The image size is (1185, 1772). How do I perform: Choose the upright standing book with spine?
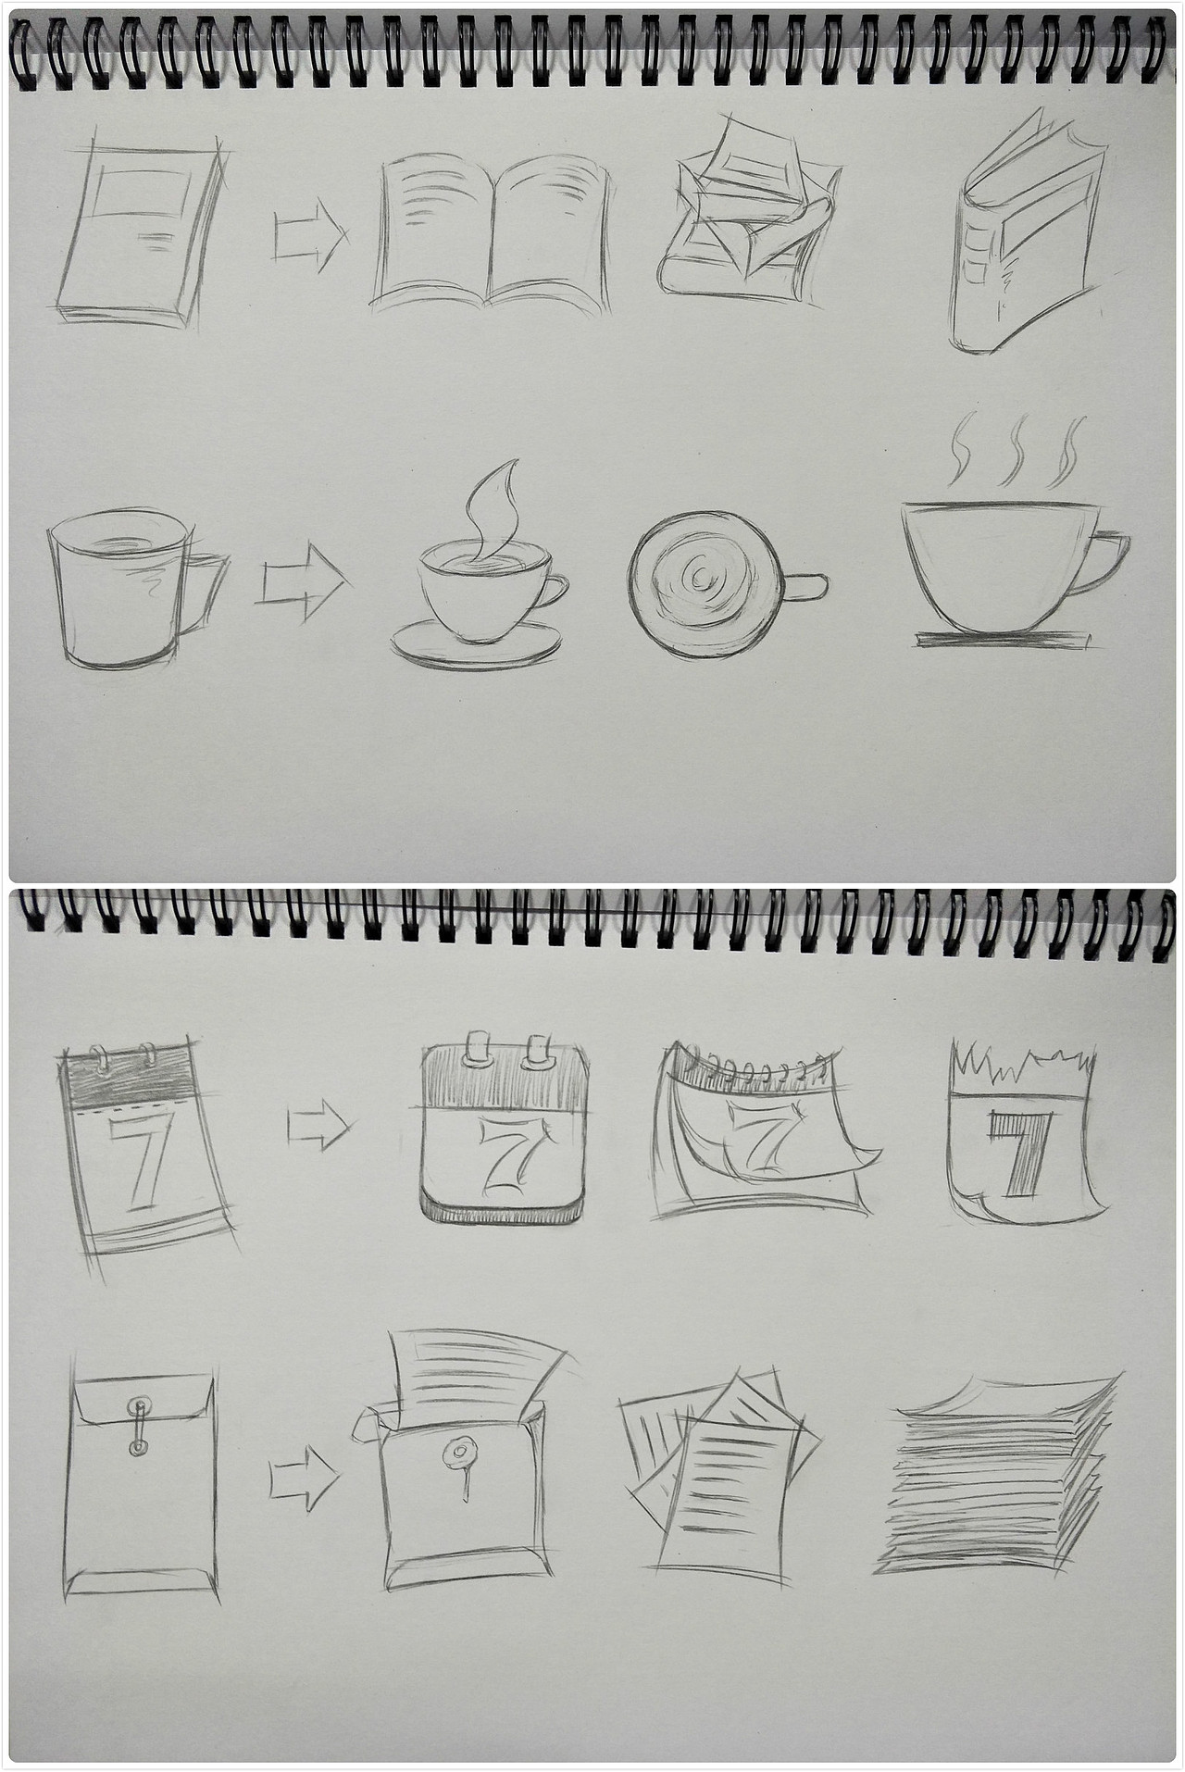point(1028,233)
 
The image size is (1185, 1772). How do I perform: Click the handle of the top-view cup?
point(805,586)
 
